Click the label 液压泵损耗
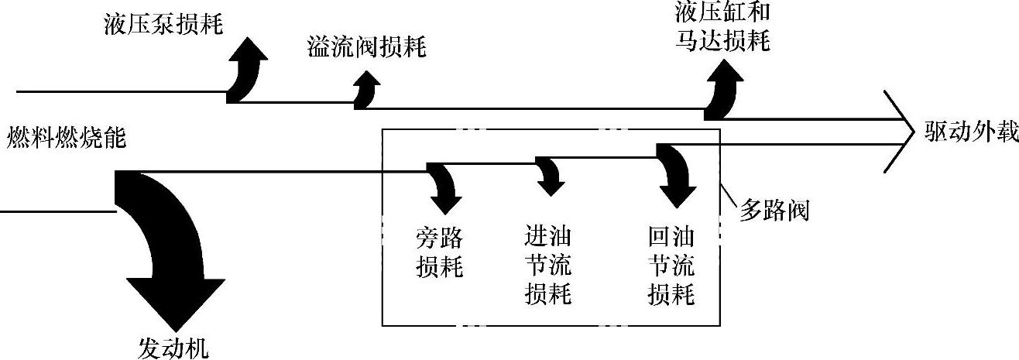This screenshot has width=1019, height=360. point(163,26)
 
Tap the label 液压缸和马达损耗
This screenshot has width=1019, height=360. point(722,26)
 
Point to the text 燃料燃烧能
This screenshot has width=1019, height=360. point(67,139)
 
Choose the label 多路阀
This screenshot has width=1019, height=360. point(774,211)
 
